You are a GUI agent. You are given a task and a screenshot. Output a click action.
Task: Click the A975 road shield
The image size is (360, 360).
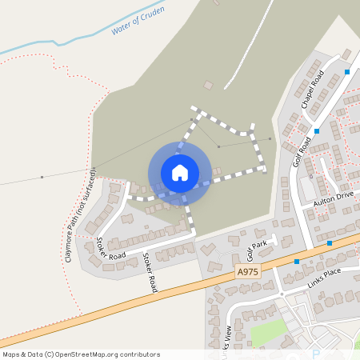[x=248, y=273]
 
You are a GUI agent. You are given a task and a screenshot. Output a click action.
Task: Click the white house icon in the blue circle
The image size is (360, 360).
[x=180, y=172]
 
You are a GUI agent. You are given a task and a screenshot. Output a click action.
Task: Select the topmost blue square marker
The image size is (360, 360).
[x=347, y=73]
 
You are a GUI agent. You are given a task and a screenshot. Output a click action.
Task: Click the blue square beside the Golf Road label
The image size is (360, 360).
[x=318, y=130]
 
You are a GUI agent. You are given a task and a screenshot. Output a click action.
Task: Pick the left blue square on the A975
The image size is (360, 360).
[x=297, y=262]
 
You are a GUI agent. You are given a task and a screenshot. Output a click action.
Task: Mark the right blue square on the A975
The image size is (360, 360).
[x=330, y=242]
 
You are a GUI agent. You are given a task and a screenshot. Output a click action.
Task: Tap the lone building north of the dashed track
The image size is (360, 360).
[x=209, y=85]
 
